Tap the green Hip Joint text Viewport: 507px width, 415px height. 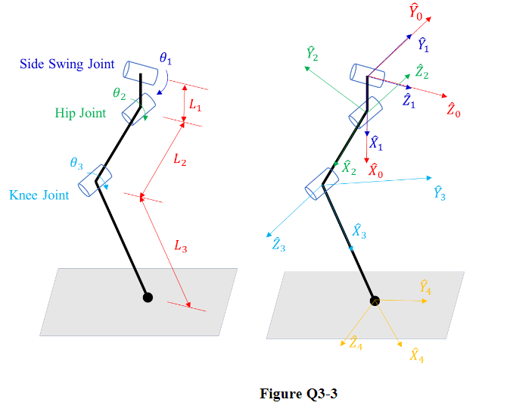tap(83, 114)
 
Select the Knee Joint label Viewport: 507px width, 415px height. tap(39, 195)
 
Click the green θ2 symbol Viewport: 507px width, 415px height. tap(119, 94)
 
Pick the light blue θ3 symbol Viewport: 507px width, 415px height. tap(76, 164)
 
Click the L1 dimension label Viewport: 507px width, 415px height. tap(195, 107)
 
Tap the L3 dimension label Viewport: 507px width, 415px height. tap(180, 245)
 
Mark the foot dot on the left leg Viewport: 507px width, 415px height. tap(148, 298)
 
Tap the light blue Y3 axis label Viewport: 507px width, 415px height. tap(440, 193)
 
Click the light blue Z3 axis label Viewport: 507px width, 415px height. tap(278, 244)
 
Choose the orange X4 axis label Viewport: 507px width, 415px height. tap(416, 355)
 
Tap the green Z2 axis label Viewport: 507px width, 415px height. tap(421, 72)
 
